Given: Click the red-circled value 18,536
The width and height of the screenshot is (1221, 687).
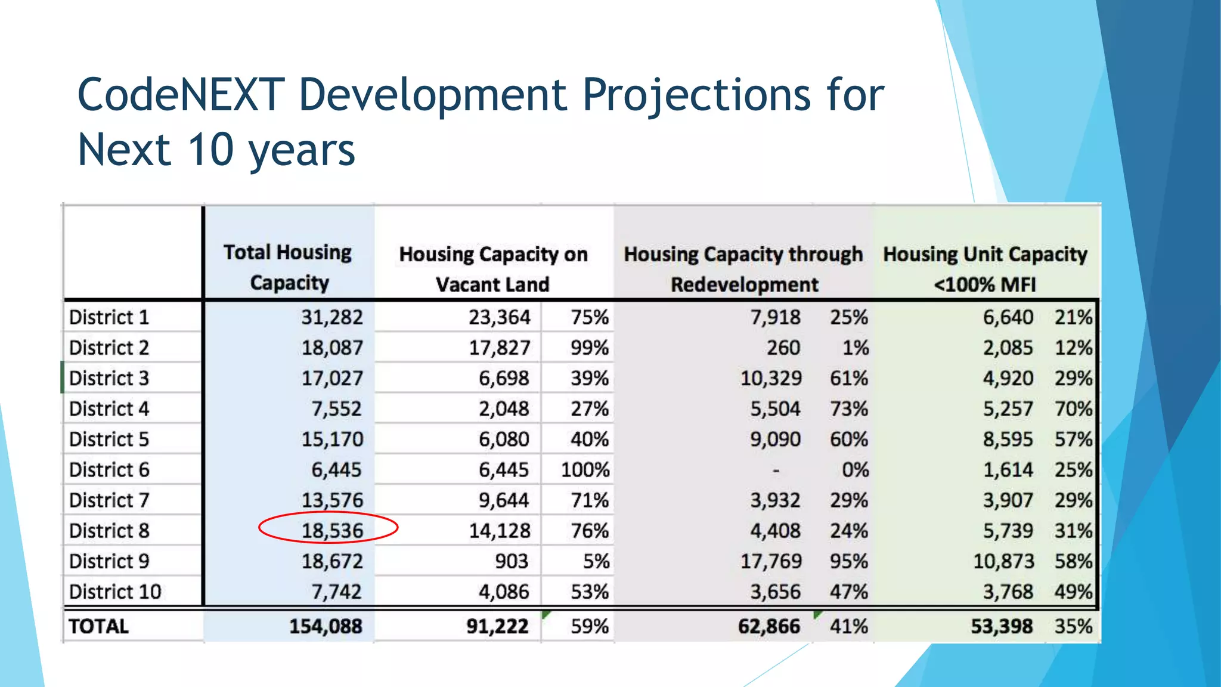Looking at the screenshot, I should pyautogui.click(x=331, y=530).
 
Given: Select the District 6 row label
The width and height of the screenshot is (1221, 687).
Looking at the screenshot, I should pyautogui.click(x=109, y=470).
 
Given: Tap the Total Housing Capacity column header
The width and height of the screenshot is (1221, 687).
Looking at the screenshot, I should pyautogui.click(x=289, y=267).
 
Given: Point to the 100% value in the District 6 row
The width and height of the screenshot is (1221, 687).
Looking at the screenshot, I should pyautogui.click(x=585, y=470).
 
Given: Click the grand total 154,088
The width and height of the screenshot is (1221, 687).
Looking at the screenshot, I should pyautogui.click(x=326, y=626).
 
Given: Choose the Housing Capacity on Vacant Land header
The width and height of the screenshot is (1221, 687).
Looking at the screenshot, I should pyautogui.click(x=493, y=269).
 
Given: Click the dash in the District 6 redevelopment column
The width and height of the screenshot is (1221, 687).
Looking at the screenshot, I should pyautogui.click(x=776, y=471).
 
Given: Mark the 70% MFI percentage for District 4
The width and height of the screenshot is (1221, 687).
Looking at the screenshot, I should pyautogui.click(x=1073, y=409).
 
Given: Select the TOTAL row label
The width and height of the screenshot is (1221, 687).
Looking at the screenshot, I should pyautogui.click(x=98, y=626).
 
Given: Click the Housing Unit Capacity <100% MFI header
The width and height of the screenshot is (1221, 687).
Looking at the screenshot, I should pyautogui.click(x=985, y=269).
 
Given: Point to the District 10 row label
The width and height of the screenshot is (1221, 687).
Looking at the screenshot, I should pyautogui.click(x=115, y=592).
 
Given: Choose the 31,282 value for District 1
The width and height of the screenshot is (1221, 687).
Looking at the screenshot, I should pyautogui.click(x=331, y=317).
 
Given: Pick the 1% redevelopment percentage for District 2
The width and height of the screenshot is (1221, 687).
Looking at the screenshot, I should pyautogui.click(x=855, y=348).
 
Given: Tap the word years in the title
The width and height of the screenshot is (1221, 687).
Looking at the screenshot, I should pyautogui.click(x=302, y=150).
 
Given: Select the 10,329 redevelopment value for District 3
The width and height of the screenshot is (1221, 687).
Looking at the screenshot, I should pyautogui.click(x=770, y=378).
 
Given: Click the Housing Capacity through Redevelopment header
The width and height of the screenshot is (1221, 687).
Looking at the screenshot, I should pyautogui.click(x=743, y=269).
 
